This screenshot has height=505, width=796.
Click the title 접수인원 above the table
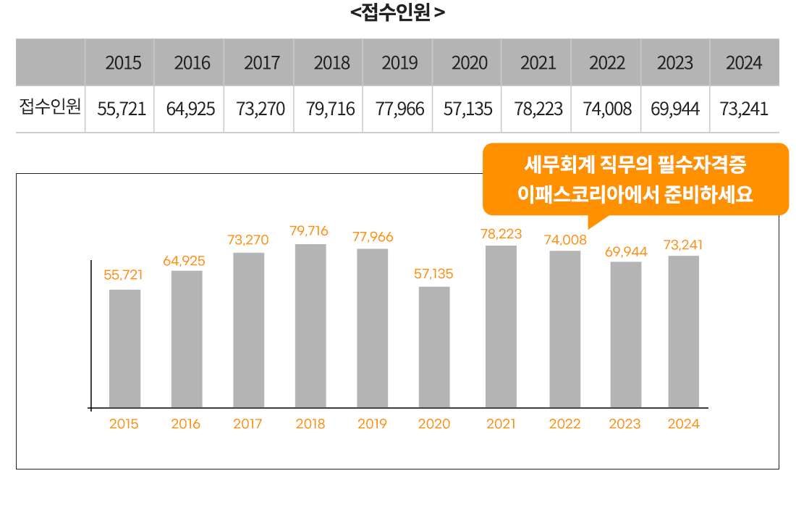397,12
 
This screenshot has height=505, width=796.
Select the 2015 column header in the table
123,63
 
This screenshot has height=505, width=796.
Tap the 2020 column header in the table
470,63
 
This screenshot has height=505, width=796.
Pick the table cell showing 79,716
331,109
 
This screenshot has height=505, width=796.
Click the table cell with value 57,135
468,109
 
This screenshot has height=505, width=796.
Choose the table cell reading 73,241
744,109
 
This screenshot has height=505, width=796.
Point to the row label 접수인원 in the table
50,109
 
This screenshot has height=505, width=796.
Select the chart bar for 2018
310,326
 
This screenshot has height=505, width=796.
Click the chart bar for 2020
434,347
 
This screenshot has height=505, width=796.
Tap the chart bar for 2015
124,349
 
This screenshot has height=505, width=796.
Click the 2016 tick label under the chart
186,425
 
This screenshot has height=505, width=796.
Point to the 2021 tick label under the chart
501,425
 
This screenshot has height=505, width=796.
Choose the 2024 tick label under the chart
683,425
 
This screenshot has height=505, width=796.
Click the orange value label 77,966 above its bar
373,237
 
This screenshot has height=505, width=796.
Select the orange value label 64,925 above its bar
184,261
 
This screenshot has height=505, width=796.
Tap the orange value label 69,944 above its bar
626,252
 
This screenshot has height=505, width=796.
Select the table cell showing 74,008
606,109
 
